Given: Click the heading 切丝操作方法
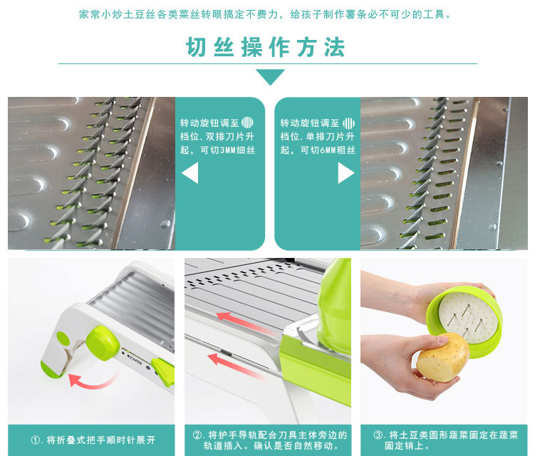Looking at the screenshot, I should point(266,47).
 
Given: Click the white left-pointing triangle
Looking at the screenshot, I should point(190,173).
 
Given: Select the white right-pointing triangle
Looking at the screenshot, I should point(346,172).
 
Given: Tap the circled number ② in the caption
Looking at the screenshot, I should point(197,435).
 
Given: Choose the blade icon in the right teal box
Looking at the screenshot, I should point(348,123).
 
